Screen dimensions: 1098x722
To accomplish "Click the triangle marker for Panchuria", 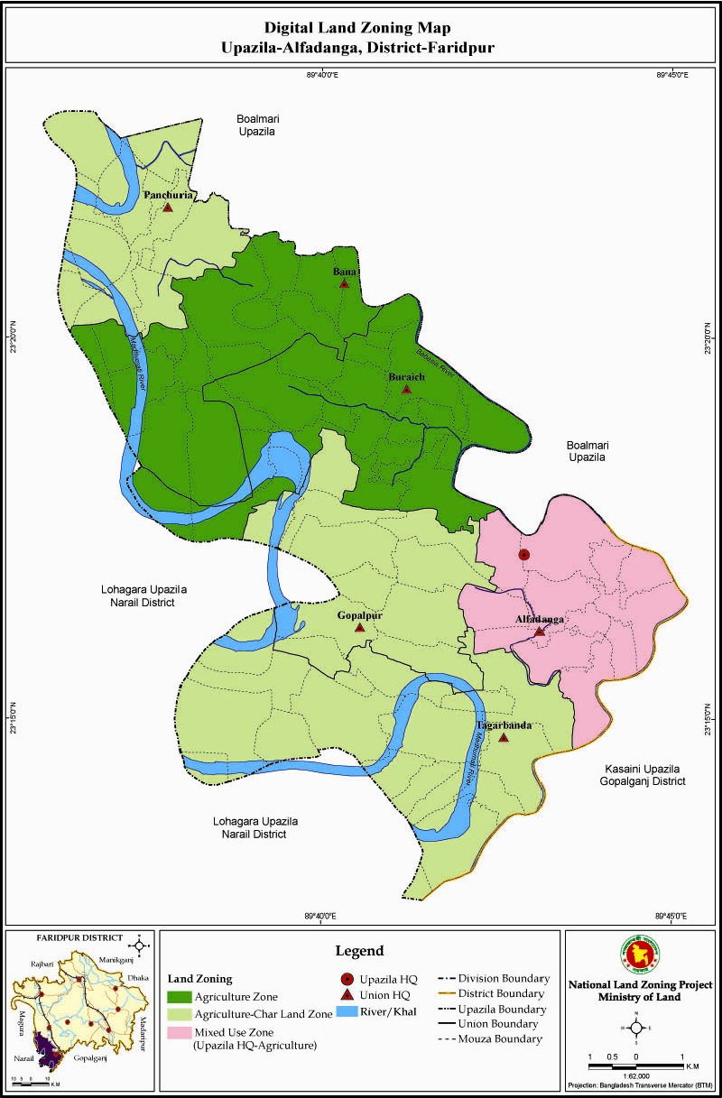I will [x=168, y=207].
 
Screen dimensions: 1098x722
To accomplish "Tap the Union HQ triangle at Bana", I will [x=344, y=283].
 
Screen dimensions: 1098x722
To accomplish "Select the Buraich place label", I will [x=406, y=376].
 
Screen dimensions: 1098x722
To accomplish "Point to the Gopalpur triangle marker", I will [x=360, y=627].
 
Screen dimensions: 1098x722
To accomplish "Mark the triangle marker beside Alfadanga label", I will [x=540, y=632].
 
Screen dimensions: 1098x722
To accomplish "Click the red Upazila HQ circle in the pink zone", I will [x=524, y=554].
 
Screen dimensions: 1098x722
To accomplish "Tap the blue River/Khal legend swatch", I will [x=357, y=1013].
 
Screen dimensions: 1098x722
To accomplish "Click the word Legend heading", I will [x=359, y=951].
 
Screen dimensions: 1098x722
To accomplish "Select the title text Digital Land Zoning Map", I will [x=361, y=28].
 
